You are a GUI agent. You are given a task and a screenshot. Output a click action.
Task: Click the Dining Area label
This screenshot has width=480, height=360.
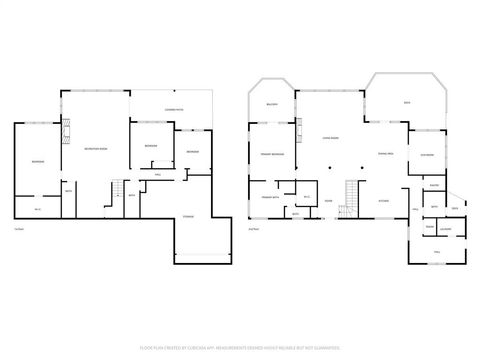pos(385,153)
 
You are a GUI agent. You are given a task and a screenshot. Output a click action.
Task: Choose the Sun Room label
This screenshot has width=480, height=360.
pos(425,155)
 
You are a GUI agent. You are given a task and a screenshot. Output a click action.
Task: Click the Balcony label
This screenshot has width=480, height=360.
pos(271,105)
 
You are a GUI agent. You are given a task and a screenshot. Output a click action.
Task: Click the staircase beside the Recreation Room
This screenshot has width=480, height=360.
pos(117,190)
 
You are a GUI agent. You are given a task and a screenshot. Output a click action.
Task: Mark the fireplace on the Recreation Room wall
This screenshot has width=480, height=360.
pos(68,131)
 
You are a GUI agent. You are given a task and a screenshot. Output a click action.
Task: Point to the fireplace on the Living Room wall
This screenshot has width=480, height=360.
pos(298,129)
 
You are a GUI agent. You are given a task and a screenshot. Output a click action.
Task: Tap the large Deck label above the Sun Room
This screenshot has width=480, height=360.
pos(406,103)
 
